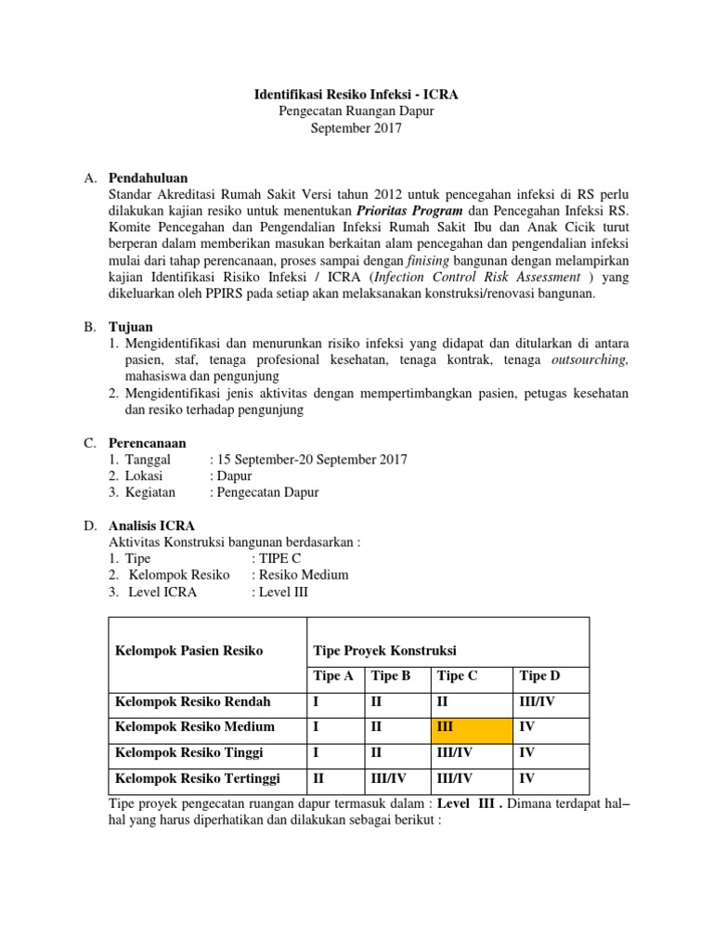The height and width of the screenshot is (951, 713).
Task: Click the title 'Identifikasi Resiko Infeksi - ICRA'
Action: (x=356, y=95)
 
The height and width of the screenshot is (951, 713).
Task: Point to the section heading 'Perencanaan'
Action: (x=148, y=443)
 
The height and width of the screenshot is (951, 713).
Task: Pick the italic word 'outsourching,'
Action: (x=590, y=360)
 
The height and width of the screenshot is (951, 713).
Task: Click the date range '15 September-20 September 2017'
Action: (x=311, y=460)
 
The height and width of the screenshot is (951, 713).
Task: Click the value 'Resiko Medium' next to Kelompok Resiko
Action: (x=303, y=575)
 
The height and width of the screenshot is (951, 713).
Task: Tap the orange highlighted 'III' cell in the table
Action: (x=473, y=726)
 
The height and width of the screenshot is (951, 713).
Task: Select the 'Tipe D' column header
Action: (x=539, y=676)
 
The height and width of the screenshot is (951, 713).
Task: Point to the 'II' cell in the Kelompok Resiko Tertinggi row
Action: (x=320, y=777)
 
